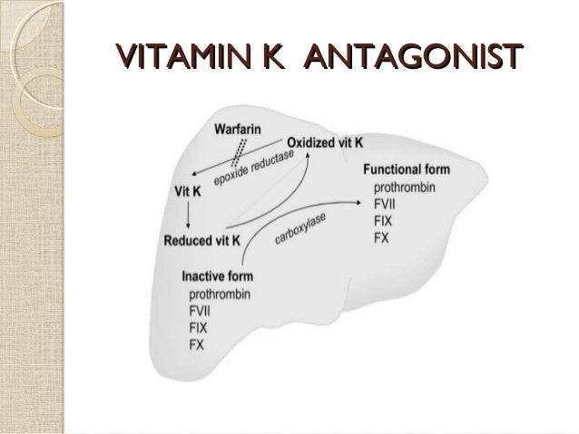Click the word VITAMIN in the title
pyautogui.click(x=182, y=57)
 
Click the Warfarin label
pyautogui.click(x=239, y=130)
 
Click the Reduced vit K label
pyautogui.click(x=201, y=240)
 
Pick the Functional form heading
pyautogui.click(x=405, y=169)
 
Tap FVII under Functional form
pyautogui.click(x=386, y=203)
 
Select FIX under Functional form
pyautogui.click(x=384, y=220)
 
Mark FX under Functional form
pyautogui.click(x=381, y=237)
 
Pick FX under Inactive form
pyautogui.click(x=197, y=345)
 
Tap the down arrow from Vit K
pyautogui.click(x=187, y=215)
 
